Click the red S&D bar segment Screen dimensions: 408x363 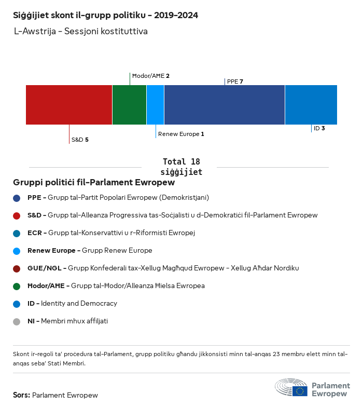(69, 105)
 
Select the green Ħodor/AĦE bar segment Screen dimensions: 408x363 (129, 105)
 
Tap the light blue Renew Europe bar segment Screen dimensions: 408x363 (155, 105)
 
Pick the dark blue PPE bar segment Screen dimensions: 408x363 (224, 105)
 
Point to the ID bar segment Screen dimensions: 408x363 (311, 105)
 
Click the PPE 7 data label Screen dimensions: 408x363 (235, 81)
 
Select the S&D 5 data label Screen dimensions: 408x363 (80, 140)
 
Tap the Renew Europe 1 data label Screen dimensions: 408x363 (181, 134)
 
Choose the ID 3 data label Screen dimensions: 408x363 (319, 128)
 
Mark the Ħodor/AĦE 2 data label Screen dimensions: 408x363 (151, 76)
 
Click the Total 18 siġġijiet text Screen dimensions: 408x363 (181, 167)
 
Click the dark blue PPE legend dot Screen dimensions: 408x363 (17, 198)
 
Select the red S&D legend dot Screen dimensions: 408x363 (17, 215)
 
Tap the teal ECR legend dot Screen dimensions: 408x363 (17, 233)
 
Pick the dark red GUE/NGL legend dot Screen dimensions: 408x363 (17, 268)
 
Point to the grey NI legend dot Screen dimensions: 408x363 (17, 321)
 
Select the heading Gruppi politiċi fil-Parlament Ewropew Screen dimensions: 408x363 (94, 183)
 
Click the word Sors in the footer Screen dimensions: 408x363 (21, 395)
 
